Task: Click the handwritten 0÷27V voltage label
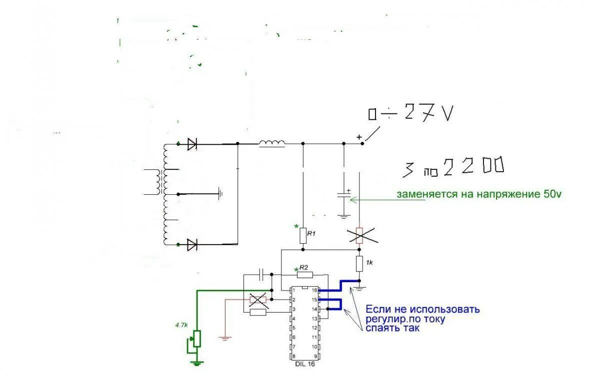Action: pyautogui.click(x=411, y=114)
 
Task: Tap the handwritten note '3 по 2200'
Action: pyautogui.click(x=453, y=168)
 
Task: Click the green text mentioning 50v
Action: pyautogui.click(x=479, y=194)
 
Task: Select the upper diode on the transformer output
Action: pyautogui.click(x=192, y=144)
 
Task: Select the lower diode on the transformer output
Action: pyautogui.click(x=192, y=245)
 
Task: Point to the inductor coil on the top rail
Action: pyautogui.click(x=272, y=144)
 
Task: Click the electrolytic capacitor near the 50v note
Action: pyautogui.click(x=343, y=195)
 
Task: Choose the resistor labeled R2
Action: pyautogui.click(x=304, y=274)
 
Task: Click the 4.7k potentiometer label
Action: pyautogui.click(x=181, y=325)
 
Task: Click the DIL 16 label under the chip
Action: pyautogui.click(x=305, y=365)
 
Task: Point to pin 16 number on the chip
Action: pyautogui.click(x=314, y=290)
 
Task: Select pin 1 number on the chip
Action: pyautogui.click(x=294, y=290)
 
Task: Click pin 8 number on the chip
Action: pyautogui.click(x=294, y=356)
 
